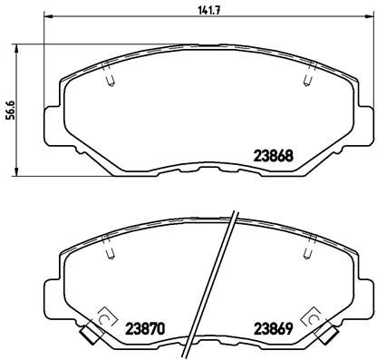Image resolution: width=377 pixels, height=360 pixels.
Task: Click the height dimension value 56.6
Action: coord(10,110)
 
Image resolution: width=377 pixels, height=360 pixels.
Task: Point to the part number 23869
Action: coord(271,327)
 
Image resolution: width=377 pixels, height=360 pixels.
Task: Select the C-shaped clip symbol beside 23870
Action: coord(102,318)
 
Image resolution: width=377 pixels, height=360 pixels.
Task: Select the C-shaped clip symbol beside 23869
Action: coord(314,318)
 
